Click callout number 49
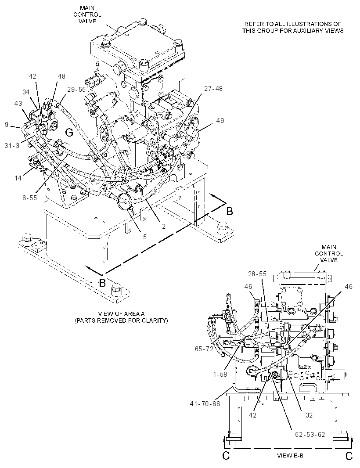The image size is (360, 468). [x=220, y=121]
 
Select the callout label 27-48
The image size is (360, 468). [x=213, y=88]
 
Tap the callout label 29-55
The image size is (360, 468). [x=76, y=89]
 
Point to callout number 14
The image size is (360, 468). [x=18, y=178]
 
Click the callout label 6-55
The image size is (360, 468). [x=29, y=198]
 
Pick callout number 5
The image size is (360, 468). [x=145, y=237]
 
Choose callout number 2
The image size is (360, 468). [x=164, y=227]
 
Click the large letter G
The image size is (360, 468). [x=69, y=132]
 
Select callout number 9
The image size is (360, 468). [x=7, y=124]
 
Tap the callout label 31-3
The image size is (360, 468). [x=12, y=145]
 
